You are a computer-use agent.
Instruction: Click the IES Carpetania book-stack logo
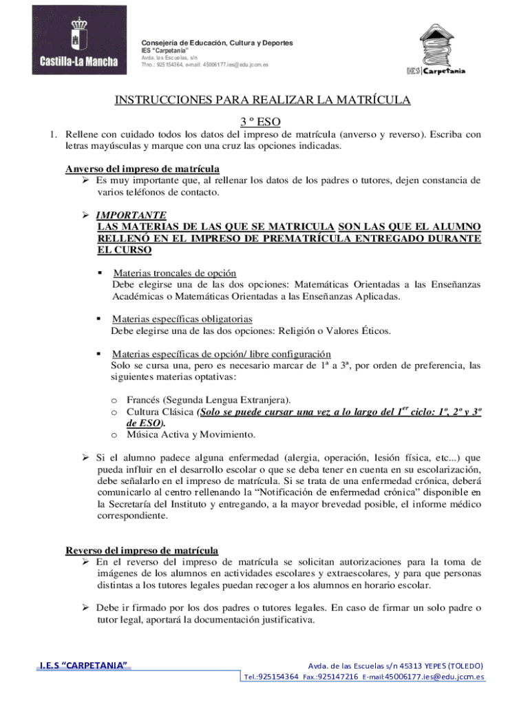[436, 50]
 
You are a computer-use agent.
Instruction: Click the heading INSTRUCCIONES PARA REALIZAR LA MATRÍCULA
[262, 101]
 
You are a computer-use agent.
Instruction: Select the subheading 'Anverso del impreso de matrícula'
[142, 169]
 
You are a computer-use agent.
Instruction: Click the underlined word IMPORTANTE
[131, 215]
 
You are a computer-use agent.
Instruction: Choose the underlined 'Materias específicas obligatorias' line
[182, 319]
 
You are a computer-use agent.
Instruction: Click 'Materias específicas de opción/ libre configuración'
[216, 354]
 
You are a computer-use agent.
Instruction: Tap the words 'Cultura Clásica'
[160, 412]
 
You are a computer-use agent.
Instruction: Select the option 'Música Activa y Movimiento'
[191, 434]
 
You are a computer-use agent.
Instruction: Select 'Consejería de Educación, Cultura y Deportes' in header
[217, 43]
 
